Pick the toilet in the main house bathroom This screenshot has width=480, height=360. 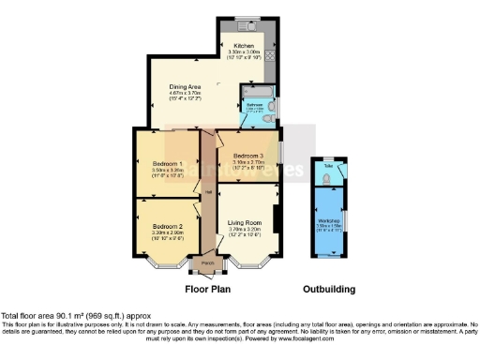point(271,116)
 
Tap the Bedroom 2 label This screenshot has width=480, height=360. point(167,226)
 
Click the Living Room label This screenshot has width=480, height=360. point(243,221)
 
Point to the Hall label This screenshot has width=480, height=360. point(208,193)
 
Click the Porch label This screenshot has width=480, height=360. point(207,263)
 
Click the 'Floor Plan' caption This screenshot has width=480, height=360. point(207,290)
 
